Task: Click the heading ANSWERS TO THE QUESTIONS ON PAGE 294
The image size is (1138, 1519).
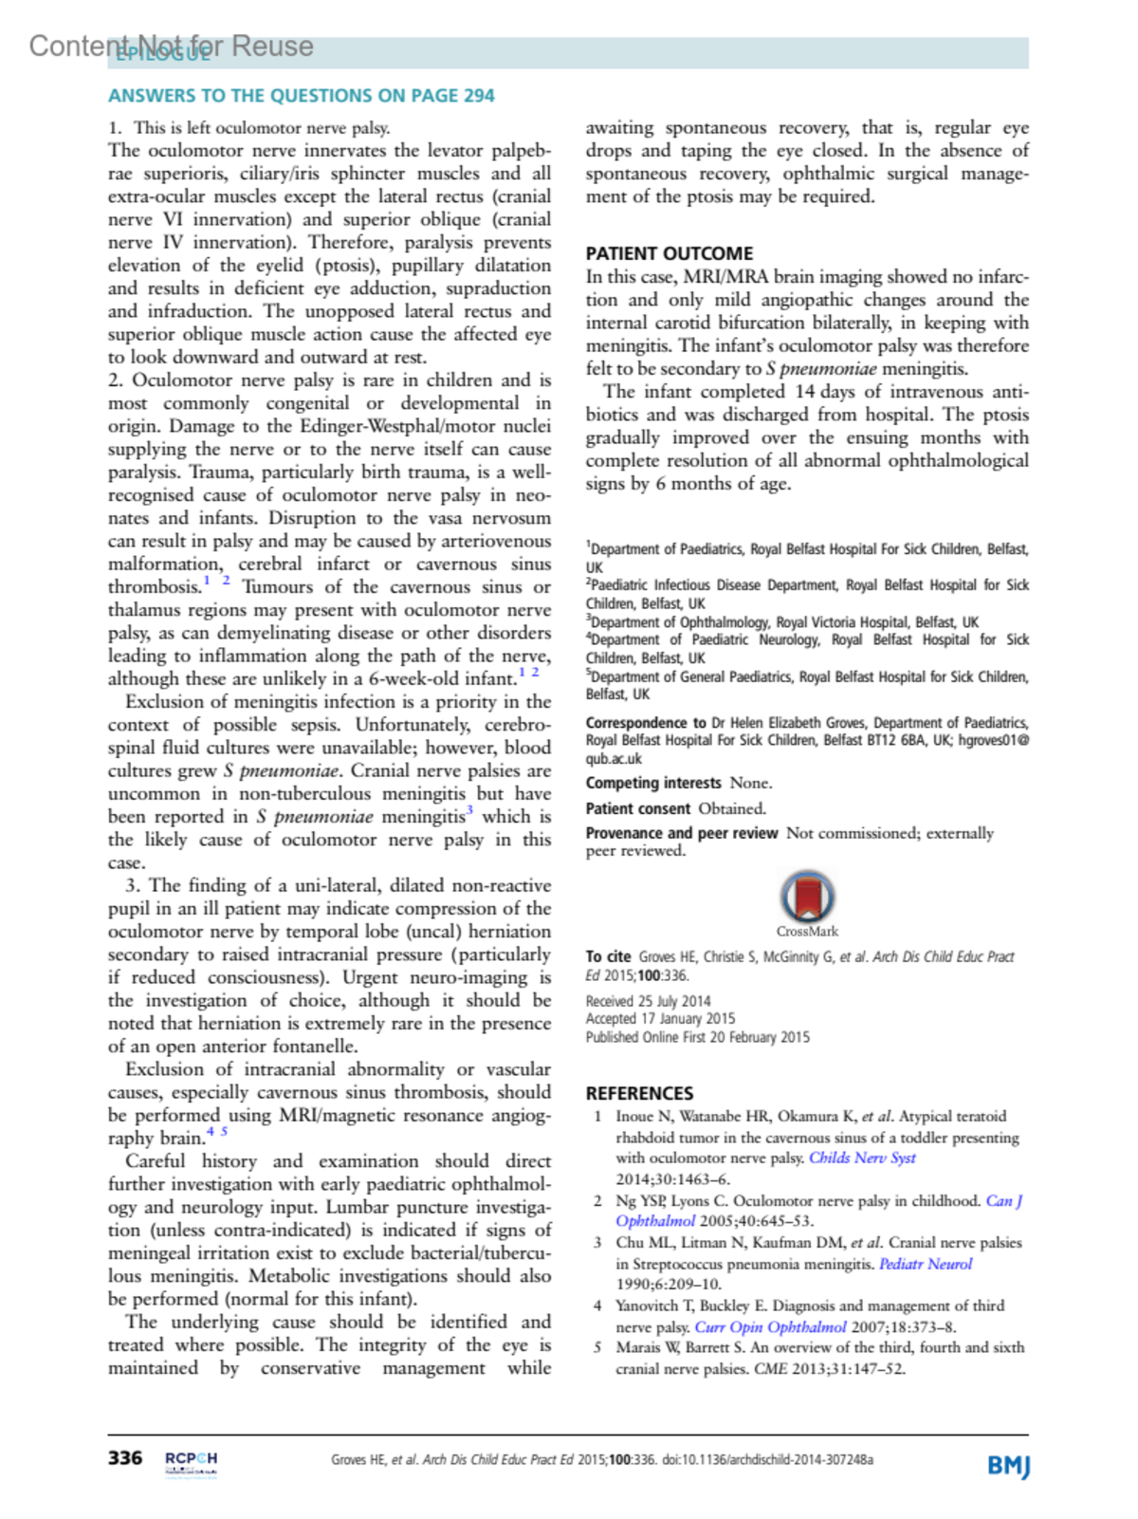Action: (301, 96)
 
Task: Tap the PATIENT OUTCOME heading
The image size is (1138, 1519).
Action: (669, 253)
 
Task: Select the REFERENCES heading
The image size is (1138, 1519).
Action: (639, 1093)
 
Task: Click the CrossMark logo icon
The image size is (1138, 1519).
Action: (807, 897)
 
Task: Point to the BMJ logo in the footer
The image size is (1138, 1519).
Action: (1007, 1466)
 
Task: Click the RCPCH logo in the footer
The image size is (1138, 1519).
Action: (191, 1462)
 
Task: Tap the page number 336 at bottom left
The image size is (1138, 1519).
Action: (125, 1458)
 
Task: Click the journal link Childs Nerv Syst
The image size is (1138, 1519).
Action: (862, 1158)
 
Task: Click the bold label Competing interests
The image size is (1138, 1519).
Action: (652, 783)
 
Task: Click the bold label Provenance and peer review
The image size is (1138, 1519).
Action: (681, 833)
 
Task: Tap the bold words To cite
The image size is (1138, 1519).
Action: (608, 956)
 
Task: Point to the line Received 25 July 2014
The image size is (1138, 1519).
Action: (648, 1001)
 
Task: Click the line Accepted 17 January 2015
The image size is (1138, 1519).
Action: (660, 1019)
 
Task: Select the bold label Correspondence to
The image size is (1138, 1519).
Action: (645, 723)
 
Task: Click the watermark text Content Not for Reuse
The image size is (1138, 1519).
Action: (171, 46)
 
